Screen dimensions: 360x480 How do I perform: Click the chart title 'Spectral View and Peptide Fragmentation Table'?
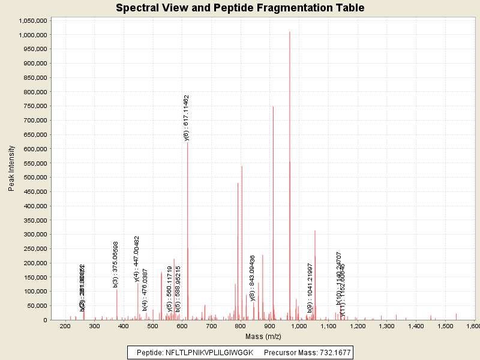coord(240,8)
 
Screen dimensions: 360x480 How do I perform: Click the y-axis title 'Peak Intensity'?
coord(11,169)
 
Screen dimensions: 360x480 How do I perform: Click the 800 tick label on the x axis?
coord(241,326)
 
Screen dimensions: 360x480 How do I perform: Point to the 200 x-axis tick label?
coord(65,326)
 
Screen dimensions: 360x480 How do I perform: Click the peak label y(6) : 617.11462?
coord(187,118)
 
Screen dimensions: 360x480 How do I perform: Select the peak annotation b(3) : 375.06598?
coord(116,264)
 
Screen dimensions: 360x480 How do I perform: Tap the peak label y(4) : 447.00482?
coord(137,259)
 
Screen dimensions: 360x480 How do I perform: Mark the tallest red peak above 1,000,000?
coord(290,32)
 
